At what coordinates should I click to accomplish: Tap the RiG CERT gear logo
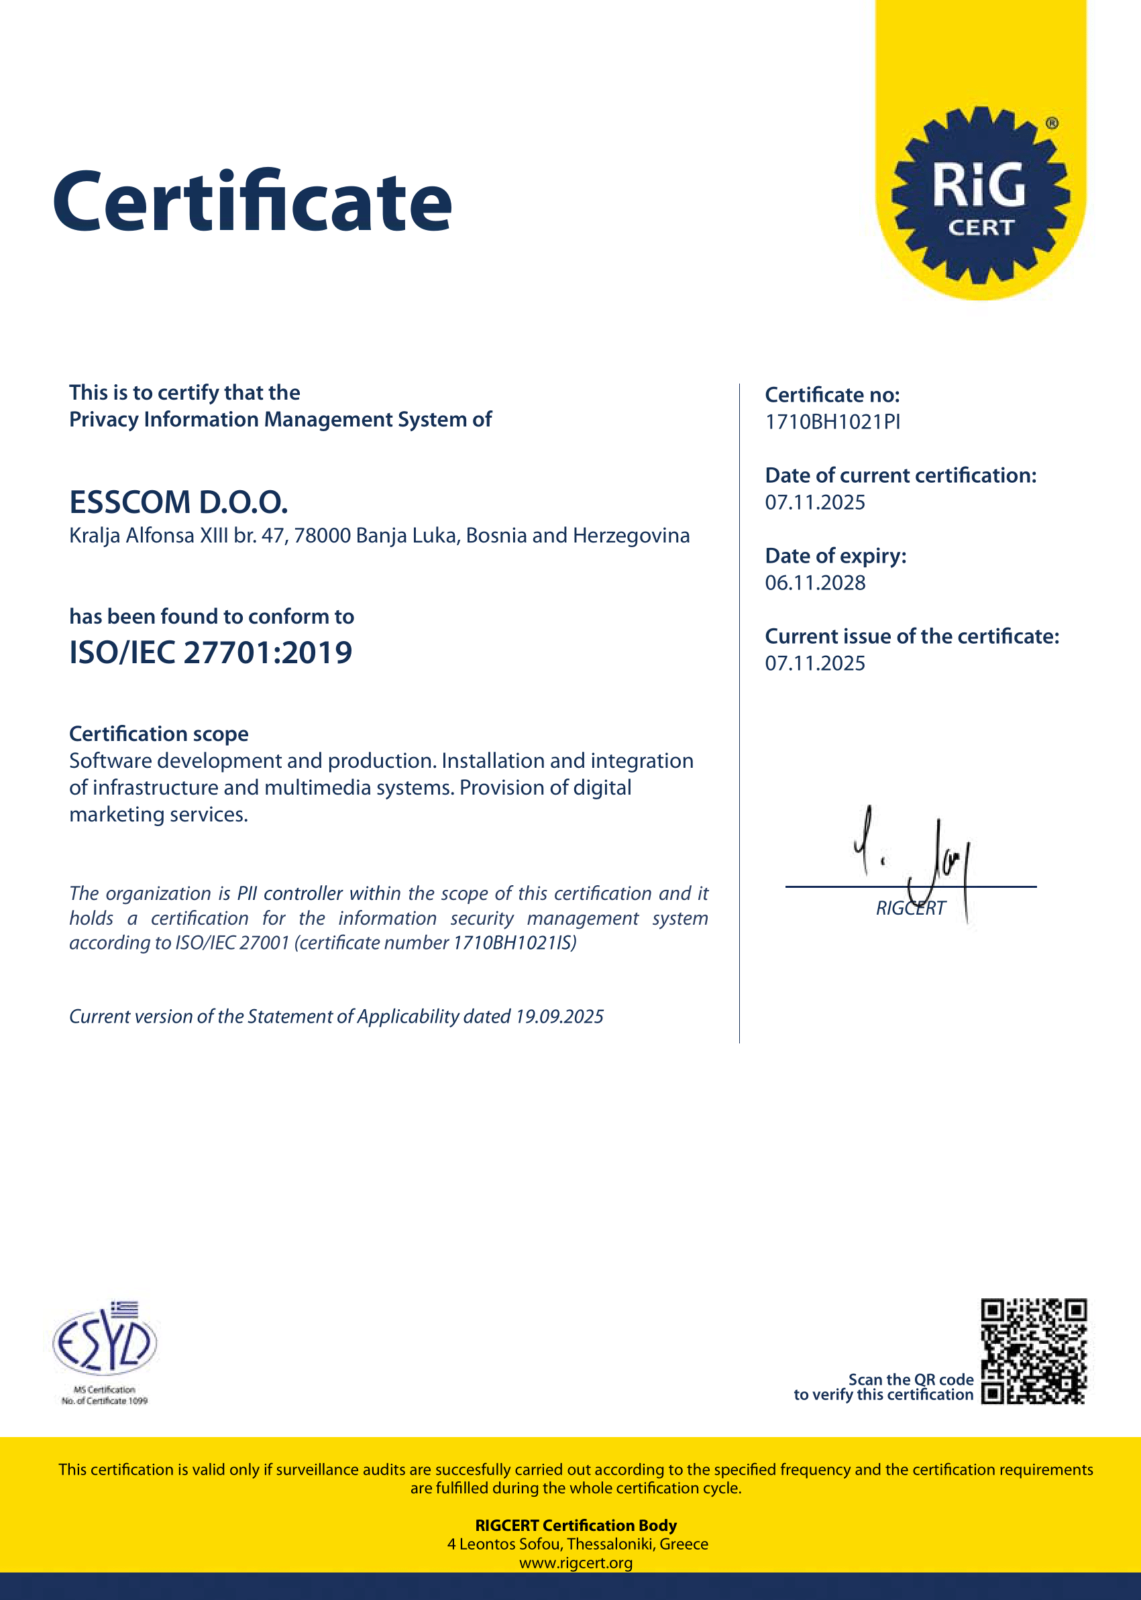pyautogui.click(x=980, y=195)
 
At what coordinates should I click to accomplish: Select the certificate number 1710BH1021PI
pyautogui.click(x=832, y=422)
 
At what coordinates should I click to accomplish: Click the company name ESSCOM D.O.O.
pyautogui.click(x=178, y=502)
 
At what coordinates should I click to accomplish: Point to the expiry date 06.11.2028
pyautogui.click(x=815, y=583)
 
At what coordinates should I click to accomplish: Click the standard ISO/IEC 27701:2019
pyautogui.click(x=211, y=652)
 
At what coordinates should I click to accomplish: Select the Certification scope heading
pyautogui.click(x=159, y=734)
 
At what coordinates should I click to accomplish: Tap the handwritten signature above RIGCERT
pyautogui.click(x=914, y=857)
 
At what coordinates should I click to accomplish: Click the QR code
pyautogui.click(x=1034, y=1351)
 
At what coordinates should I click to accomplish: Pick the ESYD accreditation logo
pyautogui.click(x=105, y=1341)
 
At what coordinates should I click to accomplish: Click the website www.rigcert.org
pyautogui.click(x=576, y=1562)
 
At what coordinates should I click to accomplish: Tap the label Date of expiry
pyautogui.click(x=835, y=557)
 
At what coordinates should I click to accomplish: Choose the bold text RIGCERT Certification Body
pyautogui.click(x=576, y=1526)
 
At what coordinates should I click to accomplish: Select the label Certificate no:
pyautogui.click(x=832, y=396)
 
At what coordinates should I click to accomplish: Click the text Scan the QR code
pyautogui.click(x=910, y=1379)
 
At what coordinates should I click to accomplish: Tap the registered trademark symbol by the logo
pyautogui.click(x=1052, y=123)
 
